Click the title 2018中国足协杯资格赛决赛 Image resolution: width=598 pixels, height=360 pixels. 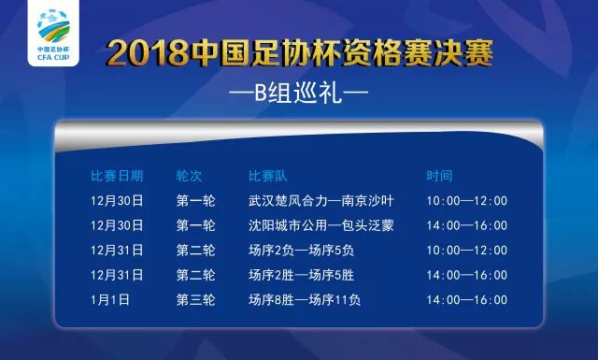point(299,52)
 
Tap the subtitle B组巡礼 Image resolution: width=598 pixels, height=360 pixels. point(299,94)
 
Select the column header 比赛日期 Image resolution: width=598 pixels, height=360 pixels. point(117,176)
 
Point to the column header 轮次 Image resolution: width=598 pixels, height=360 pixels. point(189,176)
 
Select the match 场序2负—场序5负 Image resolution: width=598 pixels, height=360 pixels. point(301,251)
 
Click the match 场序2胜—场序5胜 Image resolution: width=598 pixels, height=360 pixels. point(301,276)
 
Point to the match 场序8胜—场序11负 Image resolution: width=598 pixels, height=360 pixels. point(305,300)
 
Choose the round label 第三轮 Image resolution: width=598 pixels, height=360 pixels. point(195,300)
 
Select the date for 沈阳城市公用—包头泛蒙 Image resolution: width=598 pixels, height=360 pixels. point(117,225)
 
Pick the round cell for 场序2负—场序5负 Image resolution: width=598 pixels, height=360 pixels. point(195,251)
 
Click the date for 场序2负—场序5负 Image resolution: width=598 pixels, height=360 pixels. point(117,251)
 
